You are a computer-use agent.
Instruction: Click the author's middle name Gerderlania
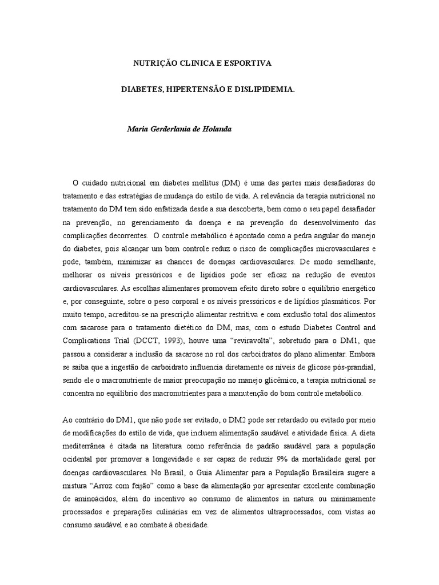coord(172,129)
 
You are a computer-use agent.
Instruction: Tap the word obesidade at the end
coord(191,524)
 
